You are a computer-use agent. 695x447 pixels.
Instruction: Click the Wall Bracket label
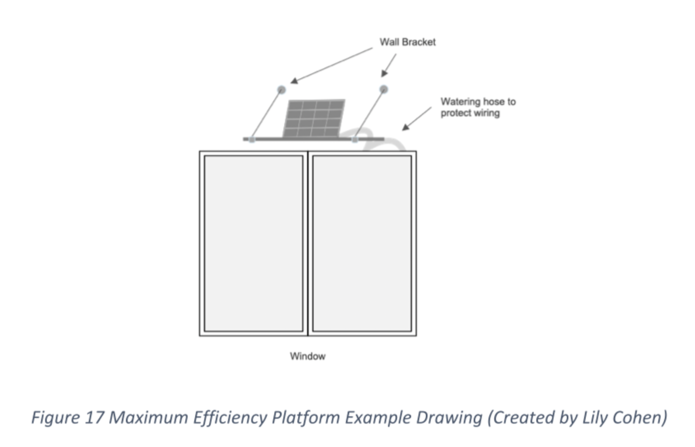click(x=407, y=42)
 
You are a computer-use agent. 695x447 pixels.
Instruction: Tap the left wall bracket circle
click(x=281, y=89)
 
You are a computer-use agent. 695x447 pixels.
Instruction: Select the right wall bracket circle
click(x=384, y=89)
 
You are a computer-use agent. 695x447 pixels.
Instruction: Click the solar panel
click(x=314, y=118)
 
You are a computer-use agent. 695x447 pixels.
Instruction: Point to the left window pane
click(x=253, y=243)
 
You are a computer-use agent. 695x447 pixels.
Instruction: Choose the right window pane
click(x=362, y=243)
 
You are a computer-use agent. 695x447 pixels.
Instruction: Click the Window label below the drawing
click(x=308, y=356)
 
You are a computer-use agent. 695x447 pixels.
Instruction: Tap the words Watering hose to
click(x=478, y=102)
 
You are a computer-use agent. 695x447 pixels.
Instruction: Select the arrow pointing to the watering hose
click(x=416, y=119)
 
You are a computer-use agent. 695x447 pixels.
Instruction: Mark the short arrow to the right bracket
click(x=389, y=65)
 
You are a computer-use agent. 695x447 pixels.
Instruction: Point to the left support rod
click(x=266, y=114)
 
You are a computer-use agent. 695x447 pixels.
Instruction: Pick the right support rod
click(x=370, y=114)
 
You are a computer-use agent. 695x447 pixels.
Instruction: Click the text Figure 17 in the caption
click(x=67, y=417)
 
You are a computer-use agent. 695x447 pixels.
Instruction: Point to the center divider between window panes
click(x=308, y=243)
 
